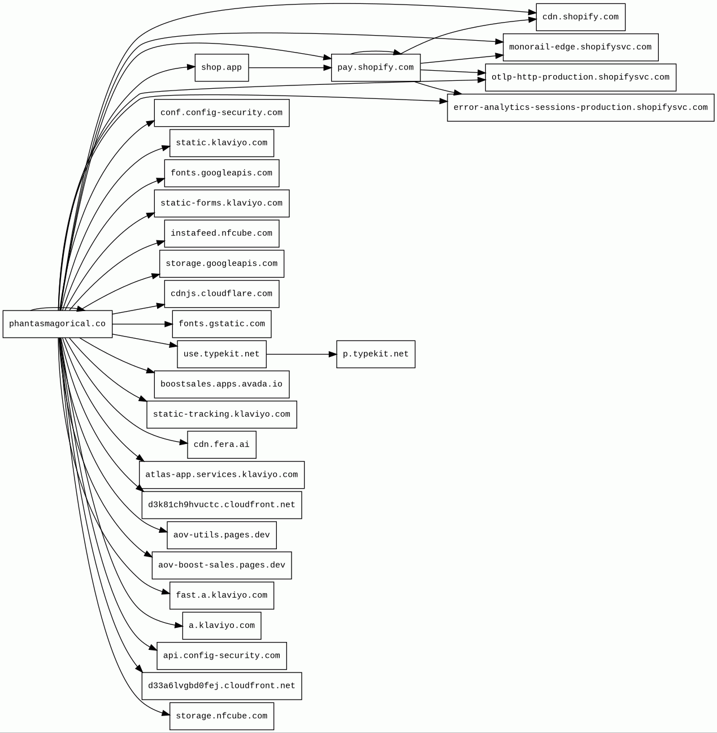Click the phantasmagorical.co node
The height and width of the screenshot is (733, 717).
(58, 324)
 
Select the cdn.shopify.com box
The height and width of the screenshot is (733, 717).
(580, 17)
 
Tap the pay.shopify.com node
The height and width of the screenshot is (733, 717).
(376, 68)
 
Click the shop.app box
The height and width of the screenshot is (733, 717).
(221, 68)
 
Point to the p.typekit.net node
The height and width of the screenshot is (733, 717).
(376, 354)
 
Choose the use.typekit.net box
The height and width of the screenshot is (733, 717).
(221, 354)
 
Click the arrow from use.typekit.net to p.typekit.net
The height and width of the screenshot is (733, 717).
(301, 354)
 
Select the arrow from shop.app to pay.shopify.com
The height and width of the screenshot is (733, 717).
(289, 68)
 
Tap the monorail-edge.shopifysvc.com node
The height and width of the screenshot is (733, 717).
(580, 48)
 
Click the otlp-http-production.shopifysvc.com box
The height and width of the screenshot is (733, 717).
(580, 77)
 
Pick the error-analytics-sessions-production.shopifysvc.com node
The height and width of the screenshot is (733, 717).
(580, 107)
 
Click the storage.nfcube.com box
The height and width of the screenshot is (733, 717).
(221, 716)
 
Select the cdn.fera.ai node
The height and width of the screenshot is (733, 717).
(221, 445)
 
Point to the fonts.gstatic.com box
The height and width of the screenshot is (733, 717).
(221, 324)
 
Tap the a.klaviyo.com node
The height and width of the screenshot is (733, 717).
(221, 626)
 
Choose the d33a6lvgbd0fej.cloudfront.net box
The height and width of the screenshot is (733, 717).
(221, 686)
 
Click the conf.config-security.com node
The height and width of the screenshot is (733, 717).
(221, 113)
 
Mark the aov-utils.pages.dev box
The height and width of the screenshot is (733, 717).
(221, 535)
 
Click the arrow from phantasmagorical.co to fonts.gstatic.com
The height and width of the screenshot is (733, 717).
(142, 324)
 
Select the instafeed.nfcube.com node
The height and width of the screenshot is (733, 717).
(221, 234)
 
